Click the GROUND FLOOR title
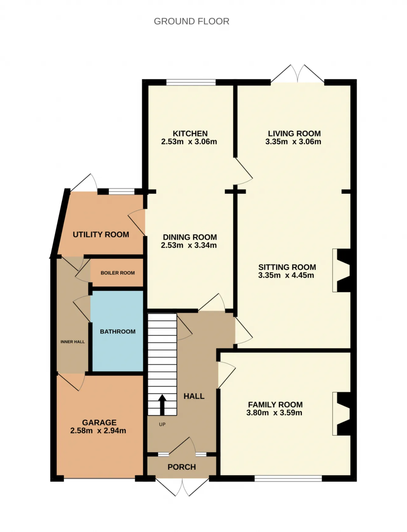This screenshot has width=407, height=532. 191,21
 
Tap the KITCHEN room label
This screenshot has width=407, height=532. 190,133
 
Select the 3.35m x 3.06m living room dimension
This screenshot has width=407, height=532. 293,142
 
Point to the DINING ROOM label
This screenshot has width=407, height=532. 190,237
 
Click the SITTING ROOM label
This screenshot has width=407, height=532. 287,267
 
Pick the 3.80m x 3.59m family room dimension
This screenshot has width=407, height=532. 274,413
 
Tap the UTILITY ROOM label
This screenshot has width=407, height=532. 101,235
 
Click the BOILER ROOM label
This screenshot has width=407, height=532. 118,273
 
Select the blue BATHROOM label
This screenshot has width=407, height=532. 118,331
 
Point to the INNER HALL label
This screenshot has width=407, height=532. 72,342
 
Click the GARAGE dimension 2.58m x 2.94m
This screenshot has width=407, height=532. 98,431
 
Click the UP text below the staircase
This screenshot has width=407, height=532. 162,424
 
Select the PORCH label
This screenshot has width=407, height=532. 182,467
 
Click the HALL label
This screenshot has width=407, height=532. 194,396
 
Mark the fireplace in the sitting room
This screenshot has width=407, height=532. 341,270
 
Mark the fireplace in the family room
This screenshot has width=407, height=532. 341,414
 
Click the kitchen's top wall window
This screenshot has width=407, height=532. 191,82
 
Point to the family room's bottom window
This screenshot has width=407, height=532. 288,478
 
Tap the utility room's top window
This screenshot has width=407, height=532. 121,191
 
